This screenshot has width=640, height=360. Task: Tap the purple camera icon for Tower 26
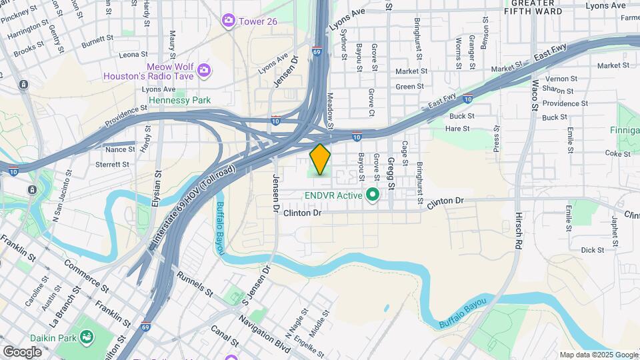[x=229, y=21]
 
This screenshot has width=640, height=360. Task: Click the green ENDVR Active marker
[x=373, y=195]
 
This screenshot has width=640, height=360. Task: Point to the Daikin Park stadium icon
[x=86, y=338]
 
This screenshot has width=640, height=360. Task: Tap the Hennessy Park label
[x=179, y=100]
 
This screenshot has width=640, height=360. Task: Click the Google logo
[x=22, y=352]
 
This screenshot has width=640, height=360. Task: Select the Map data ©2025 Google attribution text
[x=598, y=355]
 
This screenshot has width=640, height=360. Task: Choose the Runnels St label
[x=195, y=283]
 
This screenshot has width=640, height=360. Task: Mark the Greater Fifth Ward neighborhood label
[x=543, y=7]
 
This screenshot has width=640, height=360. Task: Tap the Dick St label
[x=592, y=250]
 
